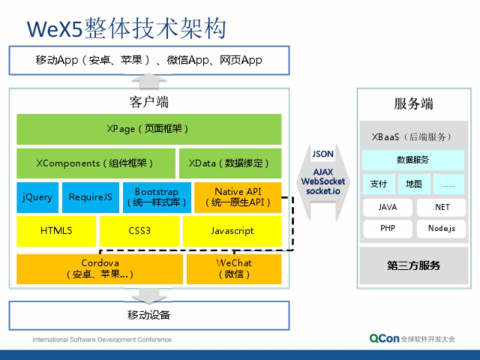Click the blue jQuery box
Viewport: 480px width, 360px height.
coord(37,197)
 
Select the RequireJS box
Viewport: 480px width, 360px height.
coord(90,197)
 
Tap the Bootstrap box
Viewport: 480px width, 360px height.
coord(156,197)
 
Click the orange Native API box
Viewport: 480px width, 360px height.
coord(237,197)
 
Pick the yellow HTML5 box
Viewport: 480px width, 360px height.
coord(56,231)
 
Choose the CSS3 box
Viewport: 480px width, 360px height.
coord(139,231)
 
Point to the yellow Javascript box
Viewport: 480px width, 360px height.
coord(232,231)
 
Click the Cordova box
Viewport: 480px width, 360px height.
coord(100,268)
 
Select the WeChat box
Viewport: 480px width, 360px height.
coord(234,268)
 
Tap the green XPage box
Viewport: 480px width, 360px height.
coord(148,129)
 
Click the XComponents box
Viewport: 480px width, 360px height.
coord(95,163)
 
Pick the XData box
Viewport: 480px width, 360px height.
coord(230,163)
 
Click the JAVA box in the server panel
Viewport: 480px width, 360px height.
coord(387,207)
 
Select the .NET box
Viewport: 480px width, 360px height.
coord(441,207)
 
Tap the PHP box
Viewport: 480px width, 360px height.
coord(387,228)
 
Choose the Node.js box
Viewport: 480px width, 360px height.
coord(441,228)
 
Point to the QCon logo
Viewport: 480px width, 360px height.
coord(384,338)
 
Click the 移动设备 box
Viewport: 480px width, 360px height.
coord(148,315)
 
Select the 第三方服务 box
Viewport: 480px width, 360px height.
coord(413,265)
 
